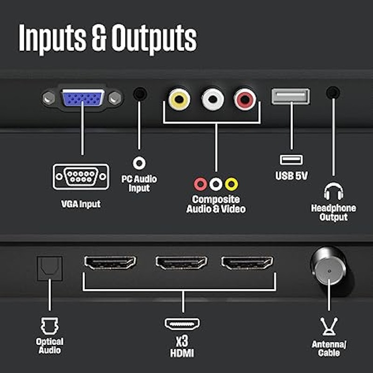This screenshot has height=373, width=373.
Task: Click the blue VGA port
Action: (83, 97)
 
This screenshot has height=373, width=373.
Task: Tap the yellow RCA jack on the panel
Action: (179, 99)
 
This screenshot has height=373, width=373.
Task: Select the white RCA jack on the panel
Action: (213, 99)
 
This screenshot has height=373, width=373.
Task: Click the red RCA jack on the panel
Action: (245, 99)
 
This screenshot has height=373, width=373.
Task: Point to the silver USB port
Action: (290, 97)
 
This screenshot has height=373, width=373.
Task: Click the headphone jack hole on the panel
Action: (333, 92)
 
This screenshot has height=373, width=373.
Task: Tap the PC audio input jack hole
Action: (140, 94)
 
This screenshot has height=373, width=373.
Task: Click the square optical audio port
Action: (50, 269)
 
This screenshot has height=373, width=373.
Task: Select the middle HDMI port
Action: (181, 262)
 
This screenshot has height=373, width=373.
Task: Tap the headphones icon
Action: (333, 191)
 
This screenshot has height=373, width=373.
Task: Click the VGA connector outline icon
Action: (81, 177)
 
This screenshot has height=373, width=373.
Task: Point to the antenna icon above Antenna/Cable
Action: (329, 326)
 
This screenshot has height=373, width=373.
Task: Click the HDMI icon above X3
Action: (182, 324)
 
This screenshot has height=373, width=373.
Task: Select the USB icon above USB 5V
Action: (291, 160)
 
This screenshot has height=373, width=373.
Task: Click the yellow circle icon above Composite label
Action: (231, 184)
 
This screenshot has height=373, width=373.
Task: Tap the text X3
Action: (182, 341)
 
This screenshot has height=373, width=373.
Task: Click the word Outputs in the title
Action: (154, 38)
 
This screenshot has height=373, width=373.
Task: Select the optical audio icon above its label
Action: (49, 326)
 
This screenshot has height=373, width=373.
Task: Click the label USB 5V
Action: (291, 176)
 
